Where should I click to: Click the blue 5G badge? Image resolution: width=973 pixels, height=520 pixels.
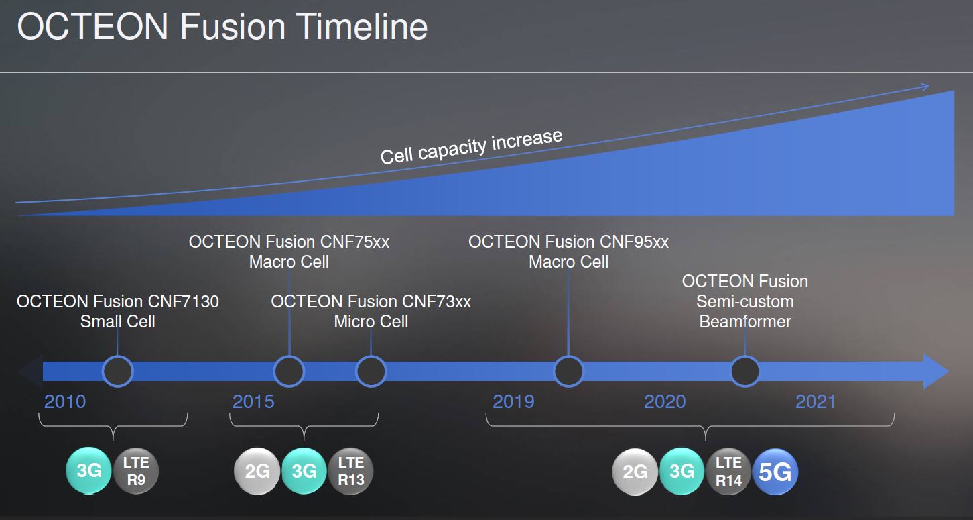[x=775, y=472]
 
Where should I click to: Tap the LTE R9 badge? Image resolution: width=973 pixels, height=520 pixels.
[x=136, y=471]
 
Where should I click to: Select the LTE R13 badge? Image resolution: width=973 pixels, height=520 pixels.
[x=350, y=471]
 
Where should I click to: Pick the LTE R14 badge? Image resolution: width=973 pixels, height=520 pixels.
[x=728, y=472]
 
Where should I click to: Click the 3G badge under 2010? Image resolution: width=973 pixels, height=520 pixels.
[x=88, y=470]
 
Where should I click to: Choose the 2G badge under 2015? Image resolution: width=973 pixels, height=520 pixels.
[x=257, y=471]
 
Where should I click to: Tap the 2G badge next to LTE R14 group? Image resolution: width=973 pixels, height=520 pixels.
[x=635, y=472]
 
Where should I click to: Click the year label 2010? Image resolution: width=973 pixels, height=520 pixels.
[x=65, y=401]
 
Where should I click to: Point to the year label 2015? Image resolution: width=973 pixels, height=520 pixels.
[x=253, y=401]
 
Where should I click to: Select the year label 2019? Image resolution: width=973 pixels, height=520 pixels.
[x=513, y=401]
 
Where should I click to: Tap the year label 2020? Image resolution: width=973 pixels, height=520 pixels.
[x=665, y=401]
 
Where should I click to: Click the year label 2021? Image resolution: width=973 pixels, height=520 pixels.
[x=816, y=401]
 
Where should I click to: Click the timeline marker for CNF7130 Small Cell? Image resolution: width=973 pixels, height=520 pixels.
[x=117, y=371]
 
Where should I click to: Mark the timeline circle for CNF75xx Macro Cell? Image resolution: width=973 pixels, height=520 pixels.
[x=289, y=371]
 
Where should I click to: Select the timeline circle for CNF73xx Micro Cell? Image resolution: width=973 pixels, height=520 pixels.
[x=371, y=371]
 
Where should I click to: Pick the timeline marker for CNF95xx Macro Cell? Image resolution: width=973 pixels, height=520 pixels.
[x=569, y=371]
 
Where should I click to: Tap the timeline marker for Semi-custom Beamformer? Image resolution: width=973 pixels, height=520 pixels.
[x=745, y=371]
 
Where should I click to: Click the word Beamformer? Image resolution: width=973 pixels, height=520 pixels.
[x=745, y=322]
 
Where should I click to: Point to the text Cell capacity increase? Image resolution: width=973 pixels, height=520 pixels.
[x=471, y=147]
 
